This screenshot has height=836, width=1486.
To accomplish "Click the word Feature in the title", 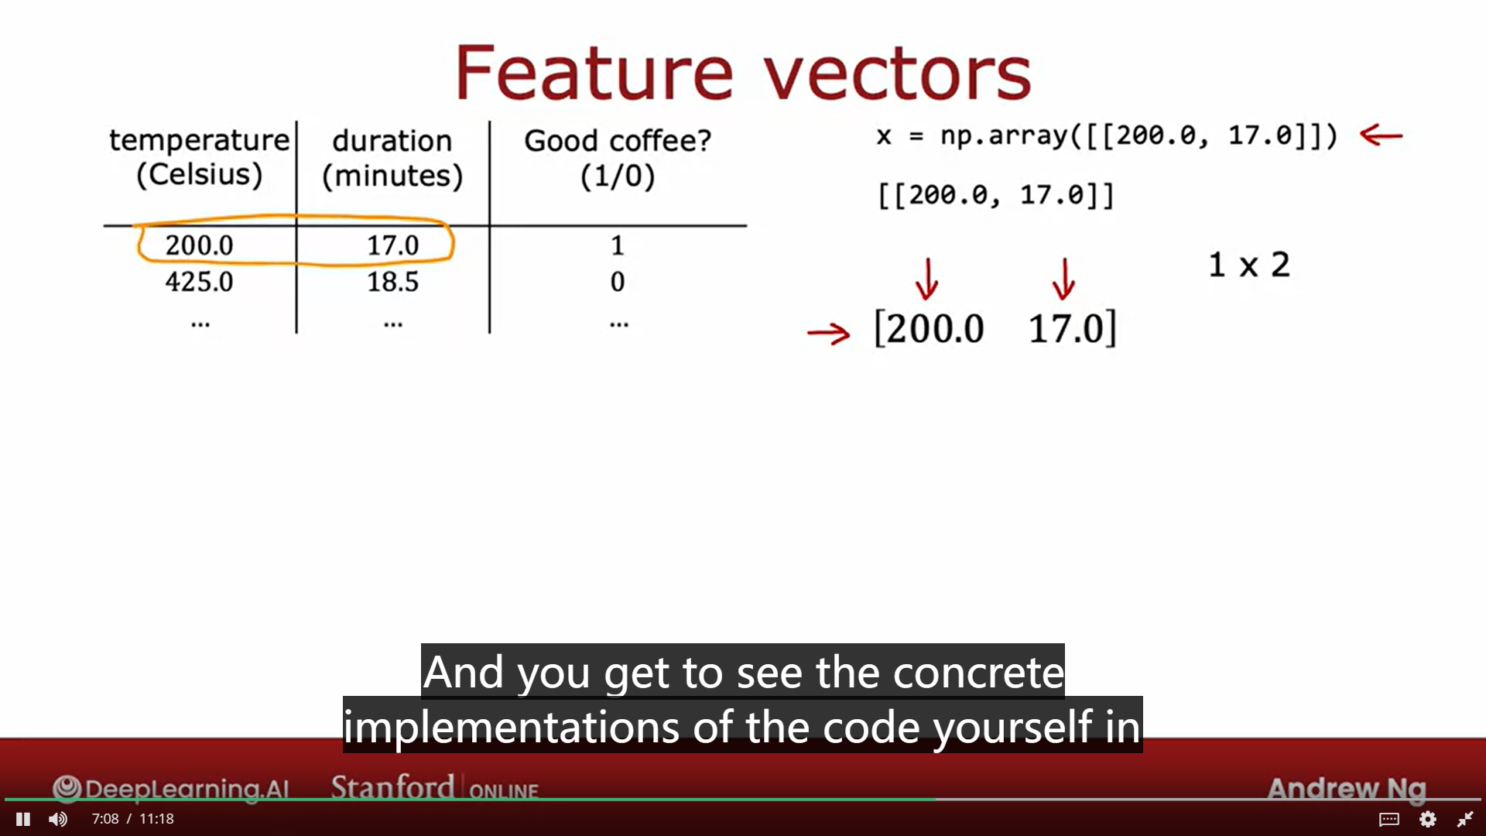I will point(594,74).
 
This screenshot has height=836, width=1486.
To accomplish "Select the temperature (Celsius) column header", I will point(199,157).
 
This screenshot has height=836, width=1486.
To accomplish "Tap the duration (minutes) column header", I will point(392,158).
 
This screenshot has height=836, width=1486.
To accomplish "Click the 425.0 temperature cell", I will point(199,282).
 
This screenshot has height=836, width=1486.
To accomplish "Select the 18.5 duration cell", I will point(392,282).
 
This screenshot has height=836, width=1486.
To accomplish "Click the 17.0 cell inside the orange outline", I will point(392,245).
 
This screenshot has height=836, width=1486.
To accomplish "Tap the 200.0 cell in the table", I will point(199,245).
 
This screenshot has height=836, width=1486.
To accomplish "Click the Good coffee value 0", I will point(617,282).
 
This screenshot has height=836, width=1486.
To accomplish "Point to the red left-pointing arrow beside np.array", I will point(1381,135).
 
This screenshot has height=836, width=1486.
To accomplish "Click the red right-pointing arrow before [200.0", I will point(828,334).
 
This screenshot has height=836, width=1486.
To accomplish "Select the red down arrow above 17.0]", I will point(1063,279).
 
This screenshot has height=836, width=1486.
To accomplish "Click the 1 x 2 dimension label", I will point(1248,266).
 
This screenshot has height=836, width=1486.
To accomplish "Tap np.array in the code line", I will point(1003,135).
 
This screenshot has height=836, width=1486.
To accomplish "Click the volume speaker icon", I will point(58,819).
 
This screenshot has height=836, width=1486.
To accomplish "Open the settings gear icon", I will point(1428,819).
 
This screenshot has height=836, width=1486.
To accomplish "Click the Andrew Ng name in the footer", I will point(1346,788).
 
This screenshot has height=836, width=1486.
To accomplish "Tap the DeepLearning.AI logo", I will point(171,789).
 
